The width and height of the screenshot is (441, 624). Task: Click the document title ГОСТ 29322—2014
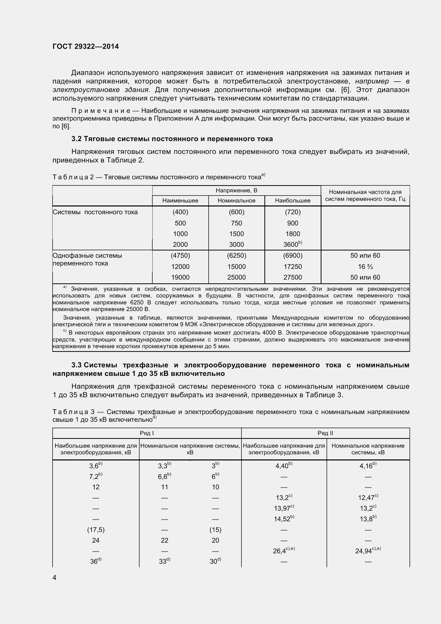pos(86,46)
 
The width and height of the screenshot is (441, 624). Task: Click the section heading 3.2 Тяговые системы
pos(172,139)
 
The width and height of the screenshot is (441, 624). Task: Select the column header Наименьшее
pos(180,201)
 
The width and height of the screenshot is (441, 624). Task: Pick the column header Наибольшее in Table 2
pos(293,201)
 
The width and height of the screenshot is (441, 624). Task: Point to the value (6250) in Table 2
pos(236,256)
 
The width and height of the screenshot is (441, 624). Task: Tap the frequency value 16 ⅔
pos(365,267)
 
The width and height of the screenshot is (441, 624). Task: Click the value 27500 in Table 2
pos(293,277)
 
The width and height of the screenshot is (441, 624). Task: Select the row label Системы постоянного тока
pos(95,212)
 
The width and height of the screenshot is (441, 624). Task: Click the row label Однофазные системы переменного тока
pos(87,259)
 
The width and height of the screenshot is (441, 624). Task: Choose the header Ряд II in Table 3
pos(325,433)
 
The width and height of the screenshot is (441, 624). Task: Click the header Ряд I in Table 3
pos(147,433)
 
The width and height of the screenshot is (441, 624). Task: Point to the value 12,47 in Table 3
pos(367,498)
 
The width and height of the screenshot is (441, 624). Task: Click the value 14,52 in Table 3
pos(283,519)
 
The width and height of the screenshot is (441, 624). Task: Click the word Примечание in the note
pos(101,111)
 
